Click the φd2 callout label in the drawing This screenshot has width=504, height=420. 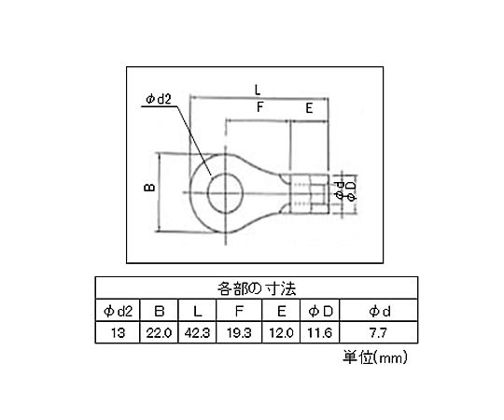pos(159,99)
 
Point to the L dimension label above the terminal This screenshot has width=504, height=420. pos(258,90)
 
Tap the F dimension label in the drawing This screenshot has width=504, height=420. pos(260,107)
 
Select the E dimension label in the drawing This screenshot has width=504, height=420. pos(309,108)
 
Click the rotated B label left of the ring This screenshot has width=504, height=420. pos(149,188)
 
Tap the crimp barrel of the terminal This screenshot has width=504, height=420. pos(309,193)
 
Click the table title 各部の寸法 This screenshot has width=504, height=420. pos(256,288)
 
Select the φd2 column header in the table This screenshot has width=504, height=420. pos(118,311)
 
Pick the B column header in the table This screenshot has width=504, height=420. pos(159,311)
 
